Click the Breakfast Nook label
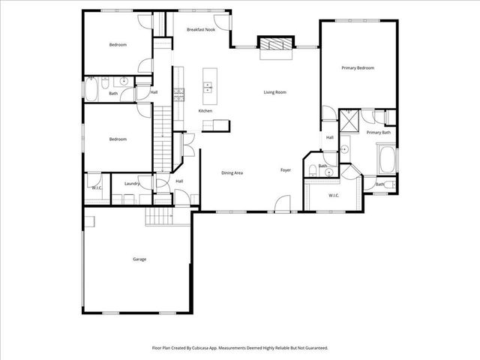pos(200,29)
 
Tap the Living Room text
pos(274,92)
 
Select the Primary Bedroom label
pos(358,68)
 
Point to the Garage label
pos(139,259)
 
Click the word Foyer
pos(286,170)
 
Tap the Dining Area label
pos(232,173)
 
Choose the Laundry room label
pos(133,184)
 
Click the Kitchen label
pos(205,111)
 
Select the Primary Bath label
pos(378,133)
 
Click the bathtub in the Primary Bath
pos(387,159)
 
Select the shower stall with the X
pos(349,121)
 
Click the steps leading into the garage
pos(159,217)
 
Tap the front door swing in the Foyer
pos(281,203)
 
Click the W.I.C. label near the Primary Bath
pos(334,196)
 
